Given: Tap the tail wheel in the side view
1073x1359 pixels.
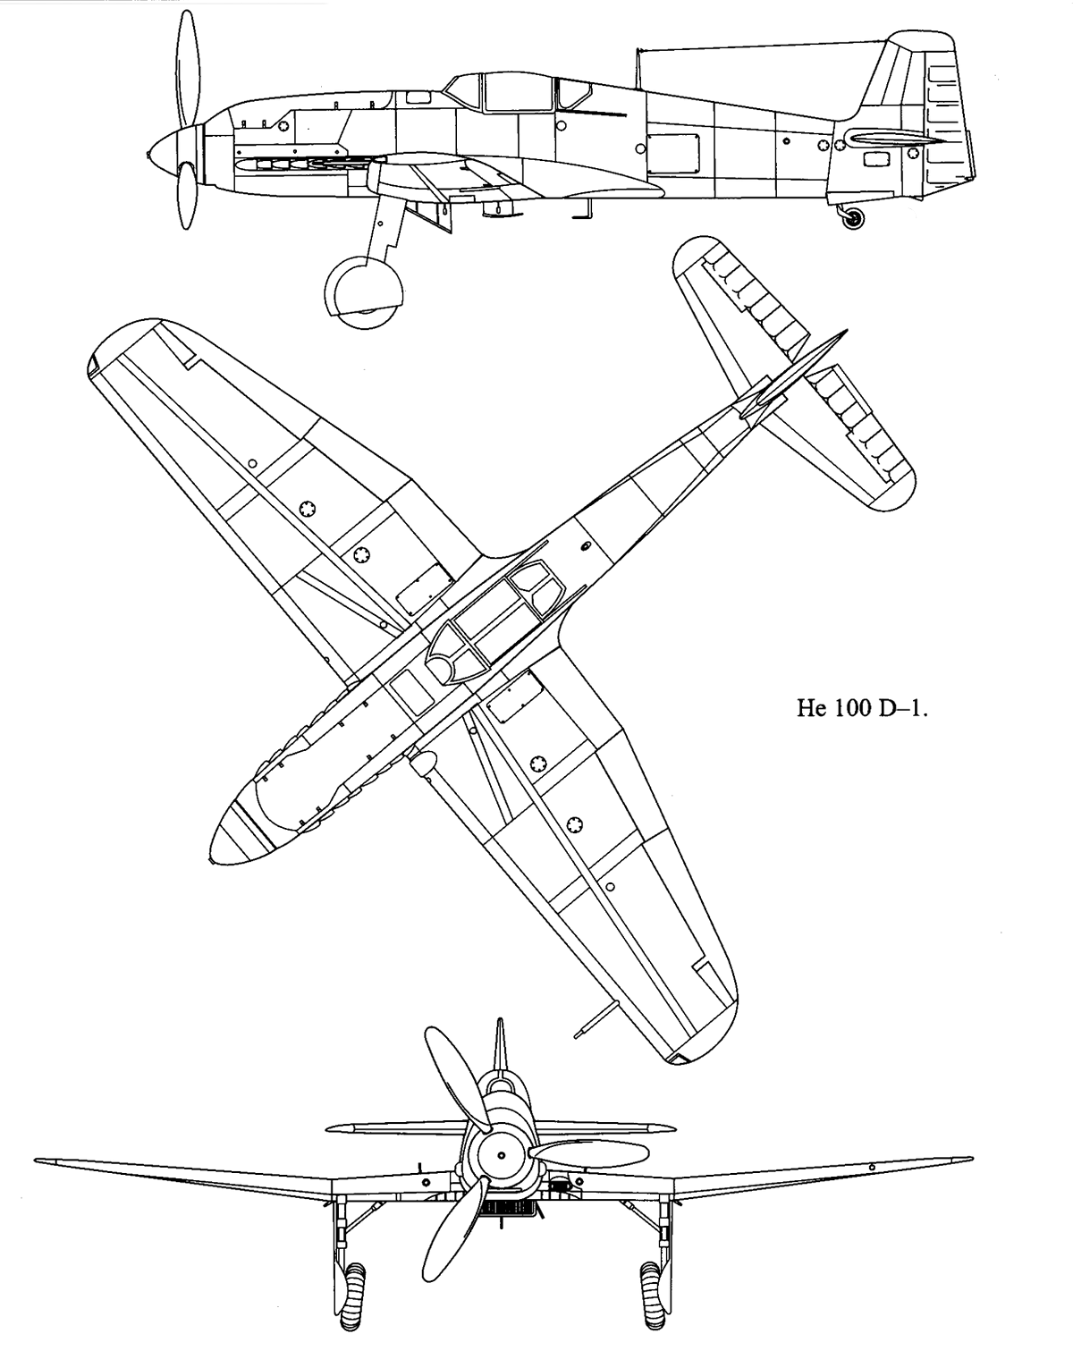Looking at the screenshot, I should coord(854,218).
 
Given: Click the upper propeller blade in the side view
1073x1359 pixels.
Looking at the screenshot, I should coord(187,67).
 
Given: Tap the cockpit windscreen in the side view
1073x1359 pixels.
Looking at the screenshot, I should coord(464,90).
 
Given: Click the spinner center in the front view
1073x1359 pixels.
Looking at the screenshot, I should coord(502,1153).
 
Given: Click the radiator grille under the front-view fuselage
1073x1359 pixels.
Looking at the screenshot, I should coord(509,1208).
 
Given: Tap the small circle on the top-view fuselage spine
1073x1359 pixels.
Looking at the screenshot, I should coord(587,544).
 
